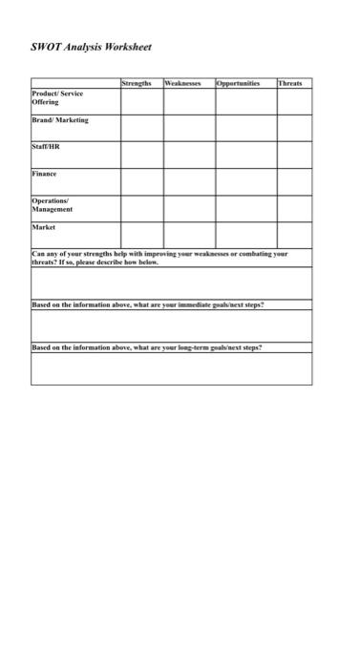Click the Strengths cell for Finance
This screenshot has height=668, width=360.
tap(140, 181)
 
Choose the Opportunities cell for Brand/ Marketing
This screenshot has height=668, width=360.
tap(244, 128)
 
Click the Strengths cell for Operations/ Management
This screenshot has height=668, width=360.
tap(140, 208)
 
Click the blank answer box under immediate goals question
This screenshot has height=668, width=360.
tap(171, 325)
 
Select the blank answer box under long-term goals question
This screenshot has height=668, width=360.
tap(171, 368)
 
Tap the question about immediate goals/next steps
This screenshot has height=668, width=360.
tap(148, 304)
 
